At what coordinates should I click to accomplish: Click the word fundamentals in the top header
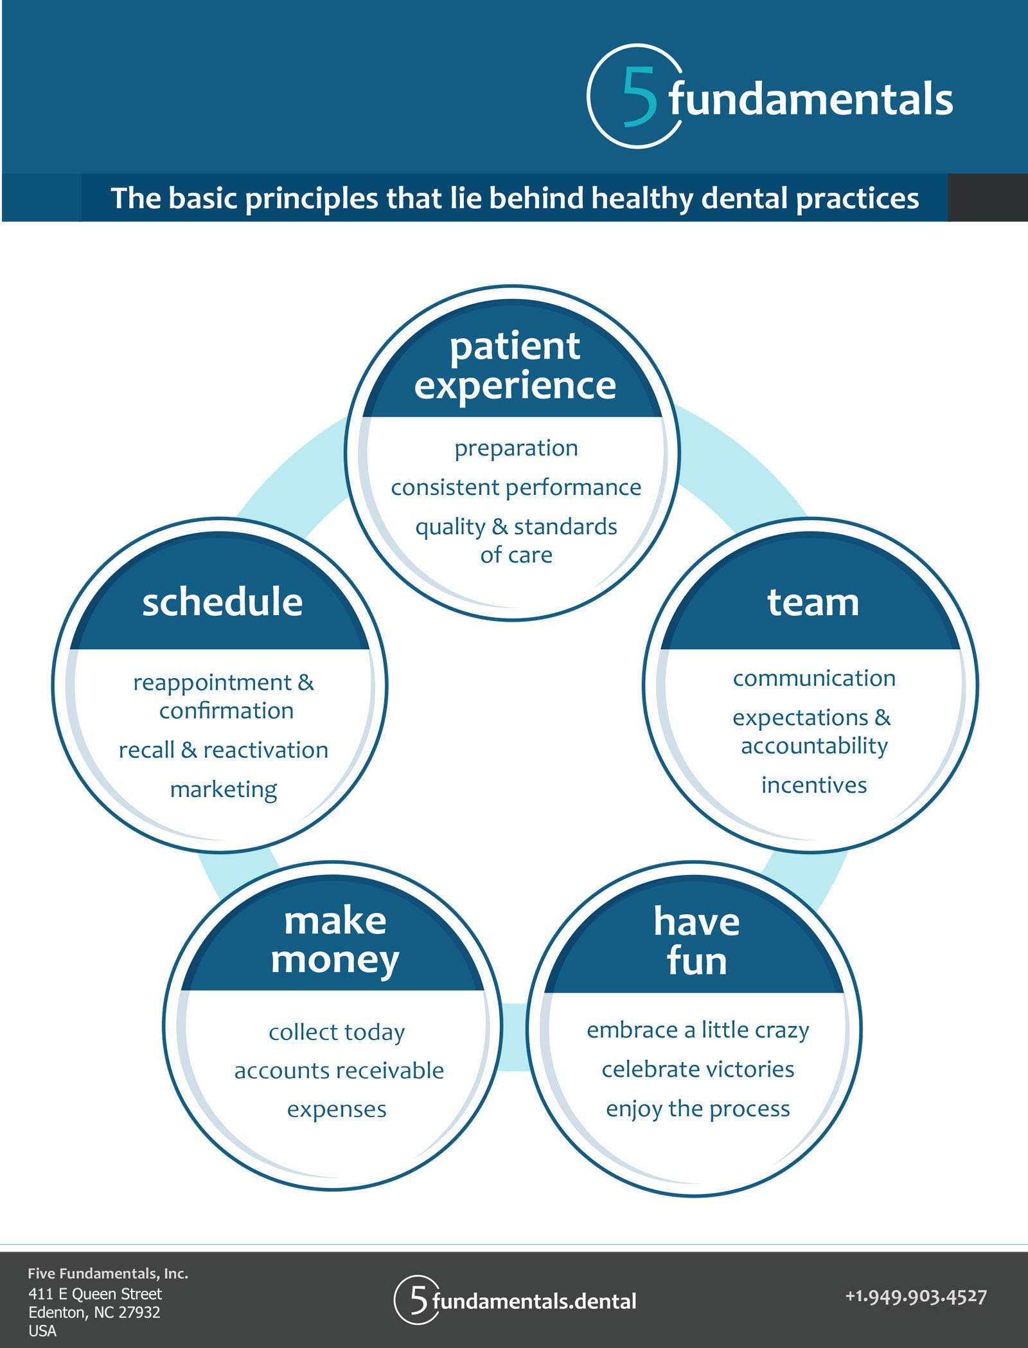coord(811,100)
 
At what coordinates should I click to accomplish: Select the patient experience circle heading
coord(515,366)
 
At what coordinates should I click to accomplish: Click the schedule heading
coord(222,602)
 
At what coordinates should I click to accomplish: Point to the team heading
coord(813,602)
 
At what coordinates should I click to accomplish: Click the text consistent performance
coord(516,487)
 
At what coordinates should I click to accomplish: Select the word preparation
coord(516,448)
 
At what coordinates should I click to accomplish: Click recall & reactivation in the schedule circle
coord(224,750)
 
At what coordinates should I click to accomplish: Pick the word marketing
coord(224,789)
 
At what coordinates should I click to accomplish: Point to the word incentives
coord(814,785)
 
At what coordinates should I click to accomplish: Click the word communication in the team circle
coord(814,678)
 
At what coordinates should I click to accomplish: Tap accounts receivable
coord(339,1070)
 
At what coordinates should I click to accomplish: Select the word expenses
coord(337,1109)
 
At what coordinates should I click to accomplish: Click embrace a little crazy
coord(698,1030)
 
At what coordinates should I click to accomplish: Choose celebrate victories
coord(698,1069)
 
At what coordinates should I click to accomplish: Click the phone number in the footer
coord(916,1296)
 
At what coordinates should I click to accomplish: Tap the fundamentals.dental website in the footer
coord(534,1300)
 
